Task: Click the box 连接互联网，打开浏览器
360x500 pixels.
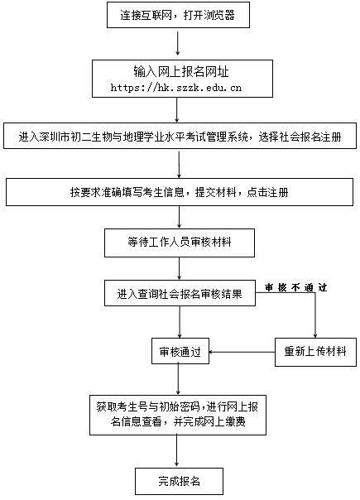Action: (x=178, y=15)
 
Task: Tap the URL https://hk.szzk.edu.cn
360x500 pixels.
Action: (x=176, y=88)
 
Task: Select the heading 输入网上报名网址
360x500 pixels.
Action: (x=181, y=72)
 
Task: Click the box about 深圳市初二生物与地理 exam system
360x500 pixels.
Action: (x=180, y=136)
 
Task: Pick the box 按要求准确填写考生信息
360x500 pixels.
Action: (x=180, y=192)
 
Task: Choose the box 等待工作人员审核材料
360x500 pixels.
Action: (x=180, y=243)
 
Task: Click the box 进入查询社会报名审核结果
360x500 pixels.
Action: (x=180, y=293)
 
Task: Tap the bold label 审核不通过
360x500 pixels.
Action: (x=296, y=287)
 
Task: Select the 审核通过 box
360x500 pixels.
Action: (x=180, y=351)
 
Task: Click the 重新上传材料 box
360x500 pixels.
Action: (x=315, y=352)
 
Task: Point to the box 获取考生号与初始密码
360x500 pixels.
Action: (x=178, y=416)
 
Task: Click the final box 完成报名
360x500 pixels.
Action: (x=180, y=481)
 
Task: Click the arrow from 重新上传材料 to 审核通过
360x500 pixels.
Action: (x=242, y=352)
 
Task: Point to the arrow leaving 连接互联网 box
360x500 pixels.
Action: (x=178, y=41)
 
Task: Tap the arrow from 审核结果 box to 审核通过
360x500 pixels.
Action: (x=180, y=322)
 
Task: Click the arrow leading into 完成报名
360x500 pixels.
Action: (x=176, y=451)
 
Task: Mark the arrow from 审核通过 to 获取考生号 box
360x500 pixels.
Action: (x=178, y=379)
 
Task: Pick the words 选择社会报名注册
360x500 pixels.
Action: (x=300, y=137)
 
